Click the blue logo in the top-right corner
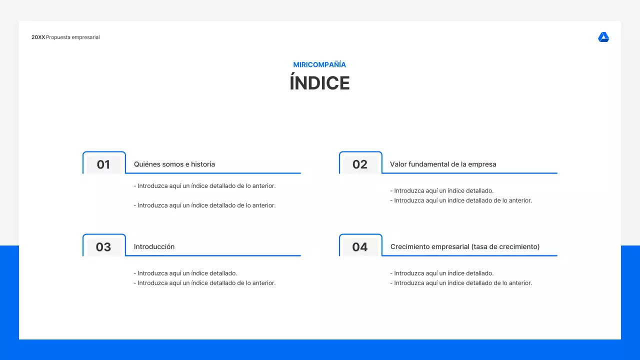pyautogui.click(x=603, y=37)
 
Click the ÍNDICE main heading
pyautogui.click(x=319, y=83)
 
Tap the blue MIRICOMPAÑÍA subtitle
pyautogui.click(x=319, y=64)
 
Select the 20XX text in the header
pyautogui.click(x=38, y=37)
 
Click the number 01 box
pyautogui.click(x=103, y=164)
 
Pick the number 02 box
pyautogui.click(x=360, y=164)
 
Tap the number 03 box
pyautogui.click(x=103, y=247)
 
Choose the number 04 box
pyautogui.click(x=360, y=247)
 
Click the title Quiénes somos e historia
pyautogui.click(x=174, y=164)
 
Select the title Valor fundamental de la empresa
pyautogui.click(x=443, y=164)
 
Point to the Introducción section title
pyautogui.click(x=154, y=246)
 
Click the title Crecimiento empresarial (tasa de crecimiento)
pyautogui.click(x=465, y=246)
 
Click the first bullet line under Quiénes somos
pyautogui.click(x=205, y=186)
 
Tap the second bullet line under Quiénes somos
pyautogui.click(x=205, y=205)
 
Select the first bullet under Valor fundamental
pyautogui.click(x=442, y=190)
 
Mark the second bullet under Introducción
pyautogui.click(x=205, y=283)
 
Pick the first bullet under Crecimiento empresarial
pyautogui.click(x=442, y=273)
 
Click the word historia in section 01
pyautogui.click(x=203, y=164)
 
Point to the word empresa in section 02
pyautogui.click(x=483, y=164)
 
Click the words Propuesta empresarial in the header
pyautogui.click(x=73, y=37)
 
